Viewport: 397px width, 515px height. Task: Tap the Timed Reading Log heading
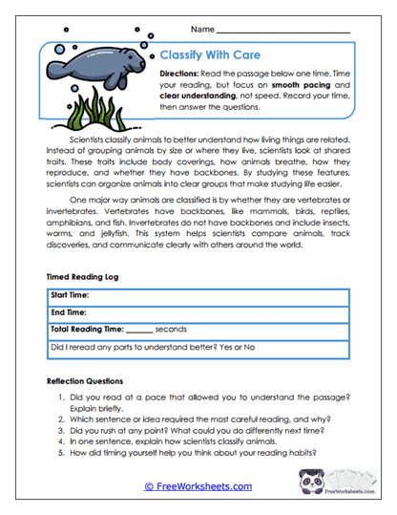point(84,275)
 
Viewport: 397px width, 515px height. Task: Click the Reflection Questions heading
point(87,380)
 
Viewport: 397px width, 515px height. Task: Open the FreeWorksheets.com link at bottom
point(198,486)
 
